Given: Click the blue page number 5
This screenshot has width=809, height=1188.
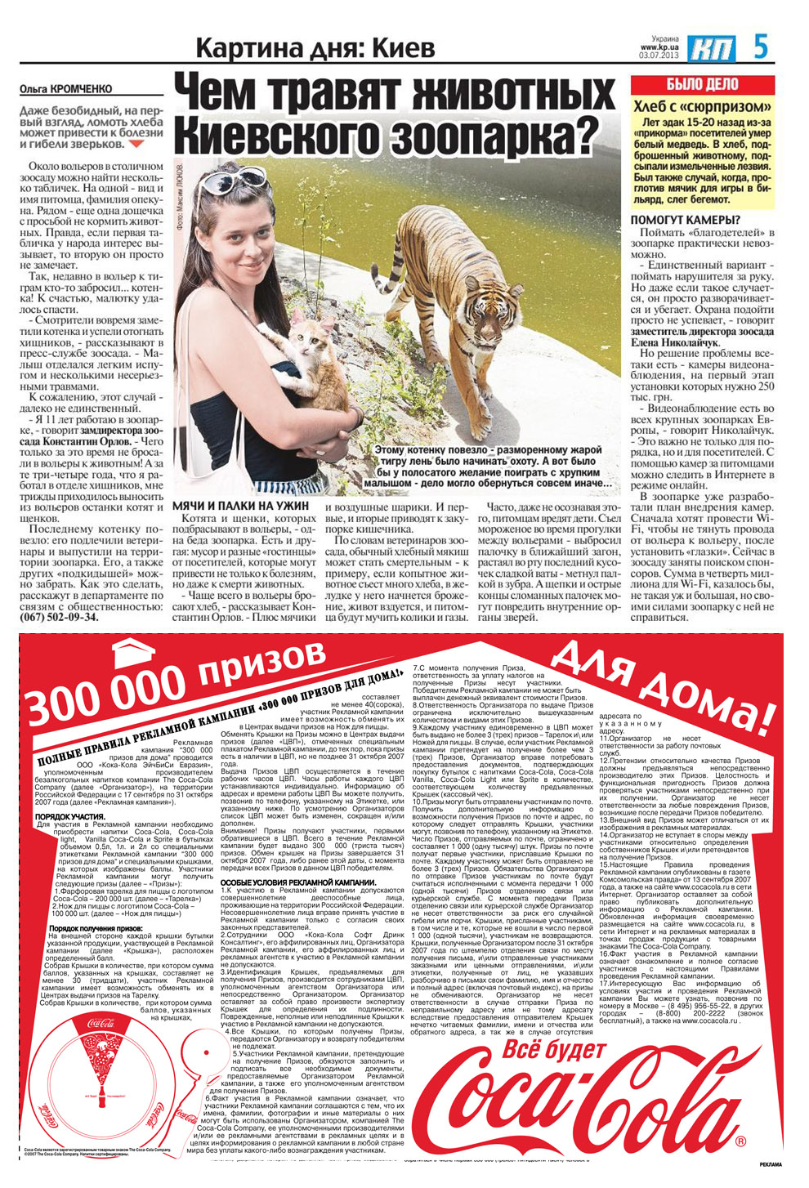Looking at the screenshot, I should pyautogui.click(x=762, y=47).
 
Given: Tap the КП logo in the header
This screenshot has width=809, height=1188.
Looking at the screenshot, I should pyautogui.click(x=711, y=48).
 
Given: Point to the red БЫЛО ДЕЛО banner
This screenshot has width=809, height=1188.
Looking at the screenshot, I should pyautogui.click(x=701, y=84).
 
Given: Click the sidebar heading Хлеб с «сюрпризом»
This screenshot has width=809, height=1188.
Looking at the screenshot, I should pyautogui.click(x=702, y=107).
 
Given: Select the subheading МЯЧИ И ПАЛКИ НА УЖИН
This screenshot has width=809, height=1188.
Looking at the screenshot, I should pyautogui.click(x=240, y=506).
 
